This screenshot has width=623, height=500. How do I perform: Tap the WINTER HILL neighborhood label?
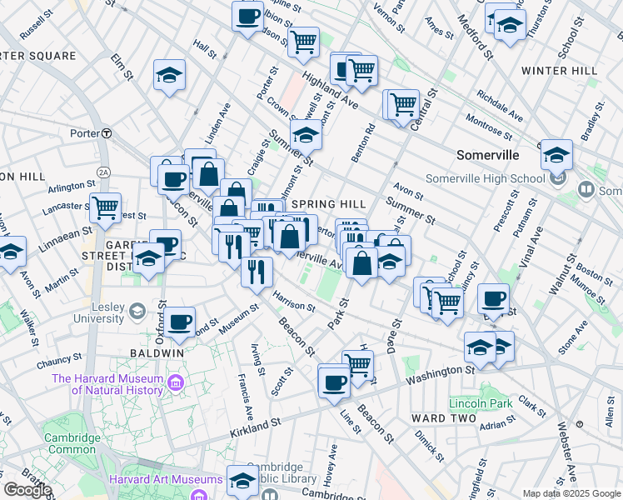click(x=560, y=71)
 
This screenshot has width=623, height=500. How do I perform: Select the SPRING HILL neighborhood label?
click(x=329, y=204)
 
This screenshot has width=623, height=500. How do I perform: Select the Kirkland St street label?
click(x=257, y=425)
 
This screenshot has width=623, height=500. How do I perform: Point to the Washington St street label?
click(x=440, y=374)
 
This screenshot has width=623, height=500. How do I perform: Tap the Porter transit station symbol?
click(x=107, y=133)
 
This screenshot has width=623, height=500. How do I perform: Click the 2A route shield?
click(x=103, y=172)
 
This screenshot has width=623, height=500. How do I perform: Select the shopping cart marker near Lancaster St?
click(x=105, y=208)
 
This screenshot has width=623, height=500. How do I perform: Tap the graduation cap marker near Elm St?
click(x=169, y=75)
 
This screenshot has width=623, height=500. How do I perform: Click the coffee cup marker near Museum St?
click(x=179, y=322)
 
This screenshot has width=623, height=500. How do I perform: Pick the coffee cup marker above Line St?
click(x=334, y=382)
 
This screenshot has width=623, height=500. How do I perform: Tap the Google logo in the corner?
click(x=27, y=490)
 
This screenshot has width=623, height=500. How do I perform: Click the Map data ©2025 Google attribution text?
click(x=571, y=493)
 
